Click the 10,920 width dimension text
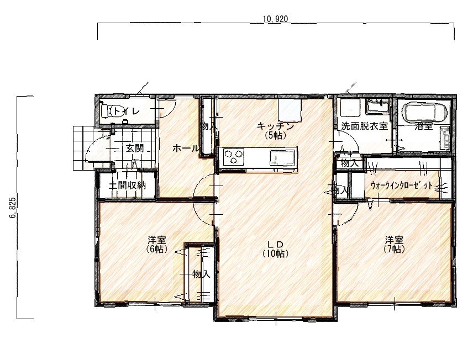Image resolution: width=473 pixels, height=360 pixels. pyautogui.click(x=275, y=19)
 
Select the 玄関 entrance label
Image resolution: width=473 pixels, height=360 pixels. pyautogui.click(x=134, y=149)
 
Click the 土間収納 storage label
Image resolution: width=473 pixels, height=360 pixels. pyautogui.click(x=127, y=185)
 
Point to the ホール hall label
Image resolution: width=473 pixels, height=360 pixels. pyautogui.click(x=186, y=149)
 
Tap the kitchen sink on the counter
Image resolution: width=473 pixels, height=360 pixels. pyautogui.click(x=282, y=158)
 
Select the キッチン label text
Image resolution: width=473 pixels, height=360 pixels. pyautogui.click(x=275, y=126)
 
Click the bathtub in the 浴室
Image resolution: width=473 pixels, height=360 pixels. pyautogui.click(x=425, y=113)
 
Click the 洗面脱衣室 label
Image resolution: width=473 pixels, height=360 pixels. pyautogui.click(x=364, y=126)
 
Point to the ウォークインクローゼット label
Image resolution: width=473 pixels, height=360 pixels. pyautogui.click(x=402, y=186)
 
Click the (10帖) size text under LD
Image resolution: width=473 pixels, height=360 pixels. pyautogui.click(x=275, y=253)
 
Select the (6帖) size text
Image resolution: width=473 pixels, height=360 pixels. pyautogui.click(x=156, y=249)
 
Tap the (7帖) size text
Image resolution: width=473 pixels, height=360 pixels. pyautogui.click(x=394, y=249)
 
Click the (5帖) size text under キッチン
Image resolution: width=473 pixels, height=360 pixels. pyautogui.click(x=275, y=135)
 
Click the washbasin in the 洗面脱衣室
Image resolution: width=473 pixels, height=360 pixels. pyautogui.click(x=378, y=107)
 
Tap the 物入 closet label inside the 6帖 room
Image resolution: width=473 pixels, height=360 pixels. pyautogui.click(x=201, y=274)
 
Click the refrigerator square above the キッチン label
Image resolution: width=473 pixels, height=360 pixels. pyautogui.click(x=290, y=110)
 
